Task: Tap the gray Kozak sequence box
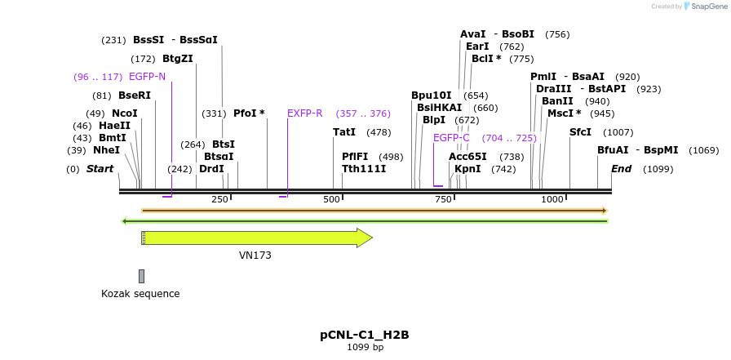pos(141,276)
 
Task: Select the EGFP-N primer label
pos(147,77)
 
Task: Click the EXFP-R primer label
pos(305,113)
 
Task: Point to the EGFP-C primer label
pos(451,138)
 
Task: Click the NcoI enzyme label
pos(125,113)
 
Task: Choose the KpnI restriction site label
pos(467,169)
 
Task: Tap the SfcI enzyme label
pos(580,132)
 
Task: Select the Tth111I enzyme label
pos(364,169)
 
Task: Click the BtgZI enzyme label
pos(178,59)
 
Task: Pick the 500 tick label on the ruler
pos(331,199)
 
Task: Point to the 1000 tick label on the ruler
pos(552,199)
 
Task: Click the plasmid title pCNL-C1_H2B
pos(365,335)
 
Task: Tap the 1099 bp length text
pos(365,348)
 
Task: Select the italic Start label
pos(100,169)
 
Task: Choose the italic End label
pos(621,169)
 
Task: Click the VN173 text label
pos(255,256)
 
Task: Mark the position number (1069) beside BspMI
pos(703,150)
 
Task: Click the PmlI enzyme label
pos(543,77)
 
